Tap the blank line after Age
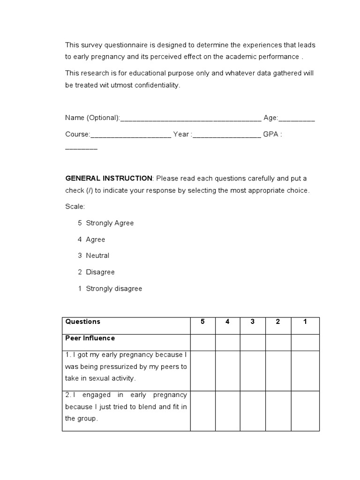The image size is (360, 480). pos(297,119)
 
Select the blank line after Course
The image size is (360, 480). pos(131,135)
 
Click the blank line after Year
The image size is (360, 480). pos(226,135)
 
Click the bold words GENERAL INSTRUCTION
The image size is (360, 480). pos(109,179)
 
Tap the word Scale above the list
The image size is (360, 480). pos(75,206)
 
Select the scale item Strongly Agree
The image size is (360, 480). pos(110,223)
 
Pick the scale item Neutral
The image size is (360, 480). pos(97,255)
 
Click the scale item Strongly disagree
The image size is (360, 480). pos(114,289)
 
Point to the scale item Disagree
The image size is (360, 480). pos(100,272)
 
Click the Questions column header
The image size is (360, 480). pos(83,322)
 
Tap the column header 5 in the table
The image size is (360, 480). pos(202,322)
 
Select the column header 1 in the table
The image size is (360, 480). pos(305,322)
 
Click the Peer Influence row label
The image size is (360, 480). pos(90,338)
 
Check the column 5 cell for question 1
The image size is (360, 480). pos(202,370)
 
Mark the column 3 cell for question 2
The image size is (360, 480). pos(253,410)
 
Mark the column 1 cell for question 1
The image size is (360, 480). pos(305,370)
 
